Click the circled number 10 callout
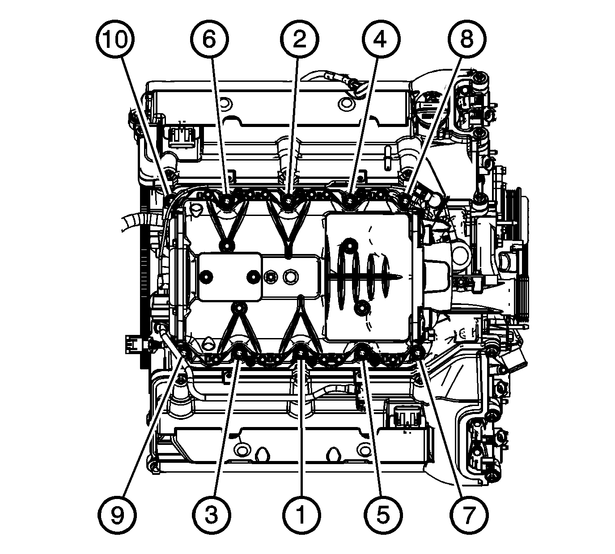[115, 39]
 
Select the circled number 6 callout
[209, 39]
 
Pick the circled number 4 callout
[381, 39]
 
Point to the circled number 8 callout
[467, 39]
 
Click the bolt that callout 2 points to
[288, 201]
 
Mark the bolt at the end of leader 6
[228, 201]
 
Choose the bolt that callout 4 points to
[348, 201]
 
